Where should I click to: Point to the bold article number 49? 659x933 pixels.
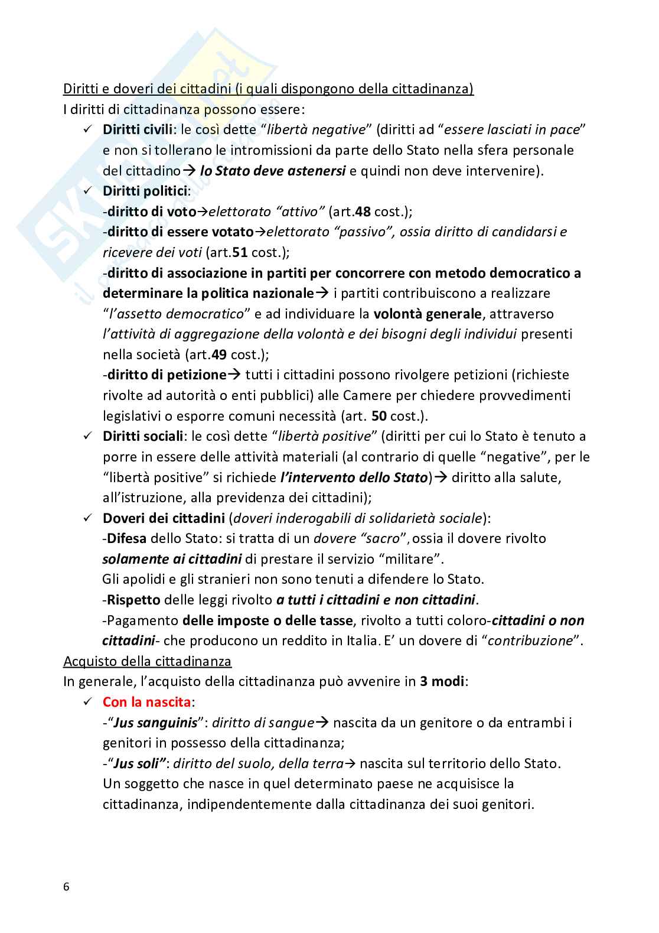click(219, 355)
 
